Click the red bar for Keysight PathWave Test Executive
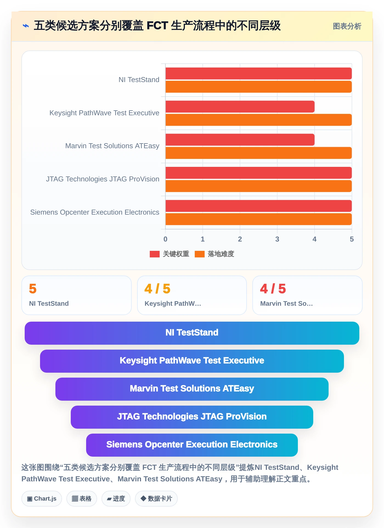tap(240, 107)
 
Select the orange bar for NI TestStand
tap(259, 87)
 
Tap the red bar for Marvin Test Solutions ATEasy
tap(240, 140)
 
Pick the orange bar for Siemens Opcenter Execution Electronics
tap(259, 219)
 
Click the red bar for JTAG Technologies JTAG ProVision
tap(259, 173)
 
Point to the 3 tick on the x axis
tap(277, 239)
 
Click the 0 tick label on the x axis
tap(165, 239)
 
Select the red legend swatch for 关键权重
tap(155, 254)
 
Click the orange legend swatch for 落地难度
tap(200, 254)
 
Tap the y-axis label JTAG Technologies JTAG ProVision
tap(103, 179)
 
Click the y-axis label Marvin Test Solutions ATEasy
tap(112, 146)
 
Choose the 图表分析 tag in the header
tap(347, 26)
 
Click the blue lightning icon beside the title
tap(26, 26)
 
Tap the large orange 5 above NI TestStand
tap(33, 289)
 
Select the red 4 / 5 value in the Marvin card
tap(273, 289)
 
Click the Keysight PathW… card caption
tap(173, 304)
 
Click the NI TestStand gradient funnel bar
tap(192, 333)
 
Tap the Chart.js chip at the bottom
tap(42, 499)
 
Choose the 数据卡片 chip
tap(156, 499)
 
